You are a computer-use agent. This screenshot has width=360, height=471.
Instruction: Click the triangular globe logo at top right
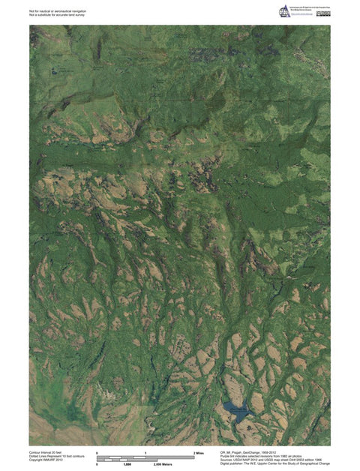285,13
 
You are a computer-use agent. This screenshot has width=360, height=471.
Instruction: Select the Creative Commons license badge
323,12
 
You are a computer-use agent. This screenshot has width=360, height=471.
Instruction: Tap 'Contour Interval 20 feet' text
47,453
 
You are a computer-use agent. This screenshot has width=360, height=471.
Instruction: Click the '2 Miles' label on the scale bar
199,453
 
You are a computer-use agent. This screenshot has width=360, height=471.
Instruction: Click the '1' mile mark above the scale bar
145,453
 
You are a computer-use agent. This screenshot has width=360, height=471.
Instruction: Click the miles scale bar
145,457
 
